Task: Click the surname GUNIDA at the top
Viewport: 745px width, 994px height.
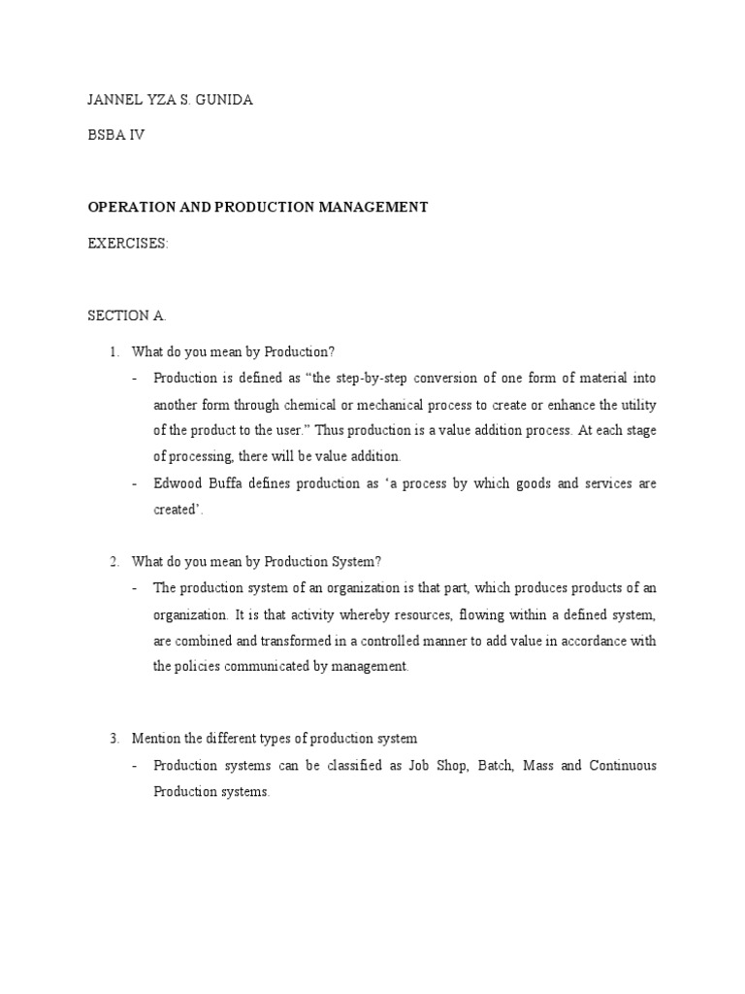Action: pyautogui.click(x=224, y=101)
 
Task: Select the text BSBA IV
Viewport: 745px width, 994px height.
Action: pyautogui.click(x=116, y=135)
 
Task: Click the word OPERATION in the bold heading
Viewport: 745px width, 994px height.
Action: pyautogui.click(x=129, y=207)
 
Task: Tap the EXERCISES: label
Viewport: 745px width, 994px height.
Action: pyautogui.click(x=128, y=244)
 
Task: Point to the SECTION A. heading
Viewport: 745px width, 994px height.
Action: pyautogui.click(x=126, y=315)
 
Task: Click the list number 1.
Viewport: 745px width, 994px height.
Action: pyautogui.click(x=113, y=351)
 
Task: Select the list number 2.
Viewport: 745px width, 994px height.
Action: pyautogui.click(x=113, y=561)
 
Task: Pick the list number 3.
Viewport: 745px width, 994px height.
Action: pyautogui.click(x=113, y=739)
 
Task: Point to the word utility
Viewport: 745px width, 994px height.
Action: pyautogui.click(x=636, y=403)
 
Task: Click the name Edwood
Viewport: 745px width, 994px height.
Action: pyautogui.click(x=179, y=482)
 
